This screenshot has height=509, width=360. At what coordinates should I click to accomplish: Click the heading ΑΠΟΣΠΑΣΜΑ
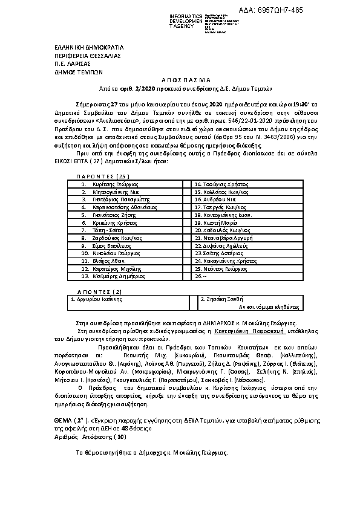[x=180, y=79]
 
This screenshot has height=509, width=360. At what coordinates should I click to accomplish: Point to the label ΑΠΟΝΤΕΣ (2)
[x=100, y=291]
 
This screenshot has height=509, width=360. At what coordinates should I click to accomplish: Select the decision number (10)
[x=120, y=435]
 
